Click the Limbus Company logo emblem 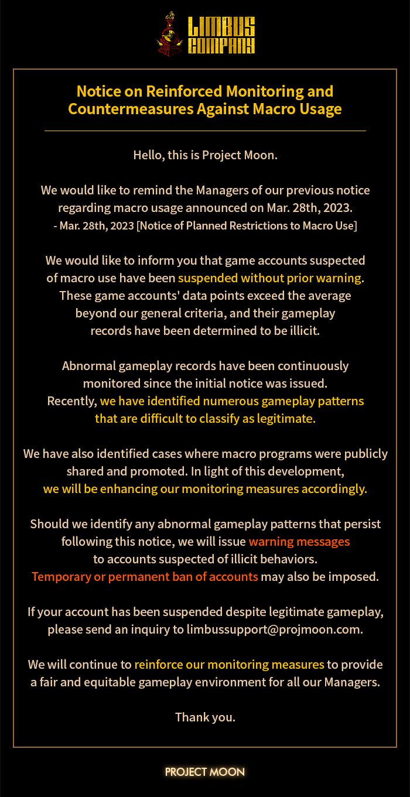point(170,35)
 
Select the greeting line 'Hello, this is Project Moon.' point(205,155)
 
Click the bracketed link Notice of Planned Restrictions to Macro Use point(247,225)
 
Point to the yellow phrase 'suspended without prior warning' point(270,278)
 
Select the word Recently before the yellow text point(71,401)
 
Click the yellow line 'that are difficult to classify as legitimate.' point(205,419)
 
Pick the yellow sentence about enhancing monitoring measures point(205,489)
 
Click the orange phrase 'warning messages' point(299,541)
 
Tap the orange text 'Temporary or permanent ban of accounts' point(145,576)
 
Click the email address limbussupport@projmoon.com point(275,630)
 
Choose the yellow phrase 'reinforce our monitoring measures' point(229,665)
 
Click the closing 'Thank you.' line point(205,717)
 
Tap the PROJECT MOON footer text point(205,772)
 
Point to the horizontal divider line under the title point(205,131)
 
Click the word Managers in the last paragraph point(353,682)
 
